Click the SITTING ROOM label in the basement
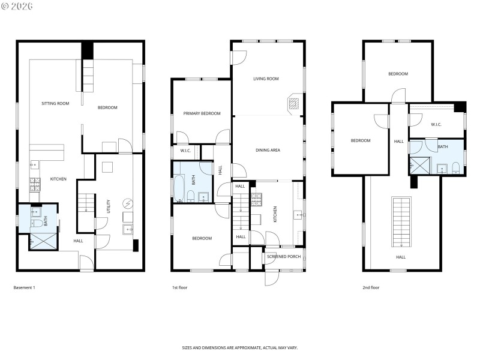[55, 103]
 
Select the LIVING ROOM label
[266, 79]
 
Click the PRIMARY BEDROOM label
[202, 113]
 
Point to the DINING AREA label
[268, 150]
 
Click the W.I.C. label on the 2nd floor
[436, 125]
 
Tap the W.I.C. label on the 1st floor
[183, 151]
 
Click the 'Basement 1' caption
[25, 287]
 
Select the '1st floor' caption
[179, 287]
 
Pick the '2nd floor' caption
[371, 287]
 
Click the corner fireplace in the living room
[293, 103]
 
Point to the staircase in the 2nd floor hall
[401, 221]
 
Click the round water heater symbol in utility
[127, 202]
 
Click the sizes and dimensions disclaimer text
[240, 347]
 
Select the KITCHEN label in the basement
[58, 179]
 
